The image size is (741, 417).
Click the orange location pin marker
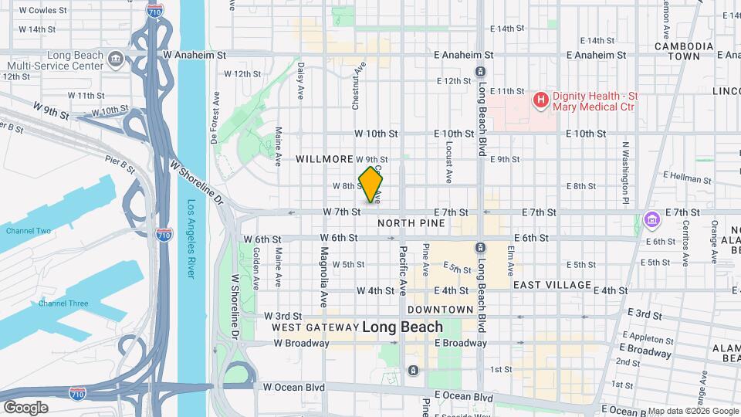(371, 185)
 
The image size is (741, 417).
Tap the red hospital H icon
(541, 100)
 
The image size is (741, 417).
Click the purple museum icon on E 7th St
(652, 220)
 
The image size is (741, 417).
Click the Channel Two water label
(29, 231)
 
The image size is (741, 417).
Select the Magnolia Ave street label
(325, 266)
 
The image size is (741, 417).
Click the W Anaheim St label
(195, 56)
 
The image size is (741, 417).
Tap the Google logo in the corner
(25, 407)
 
